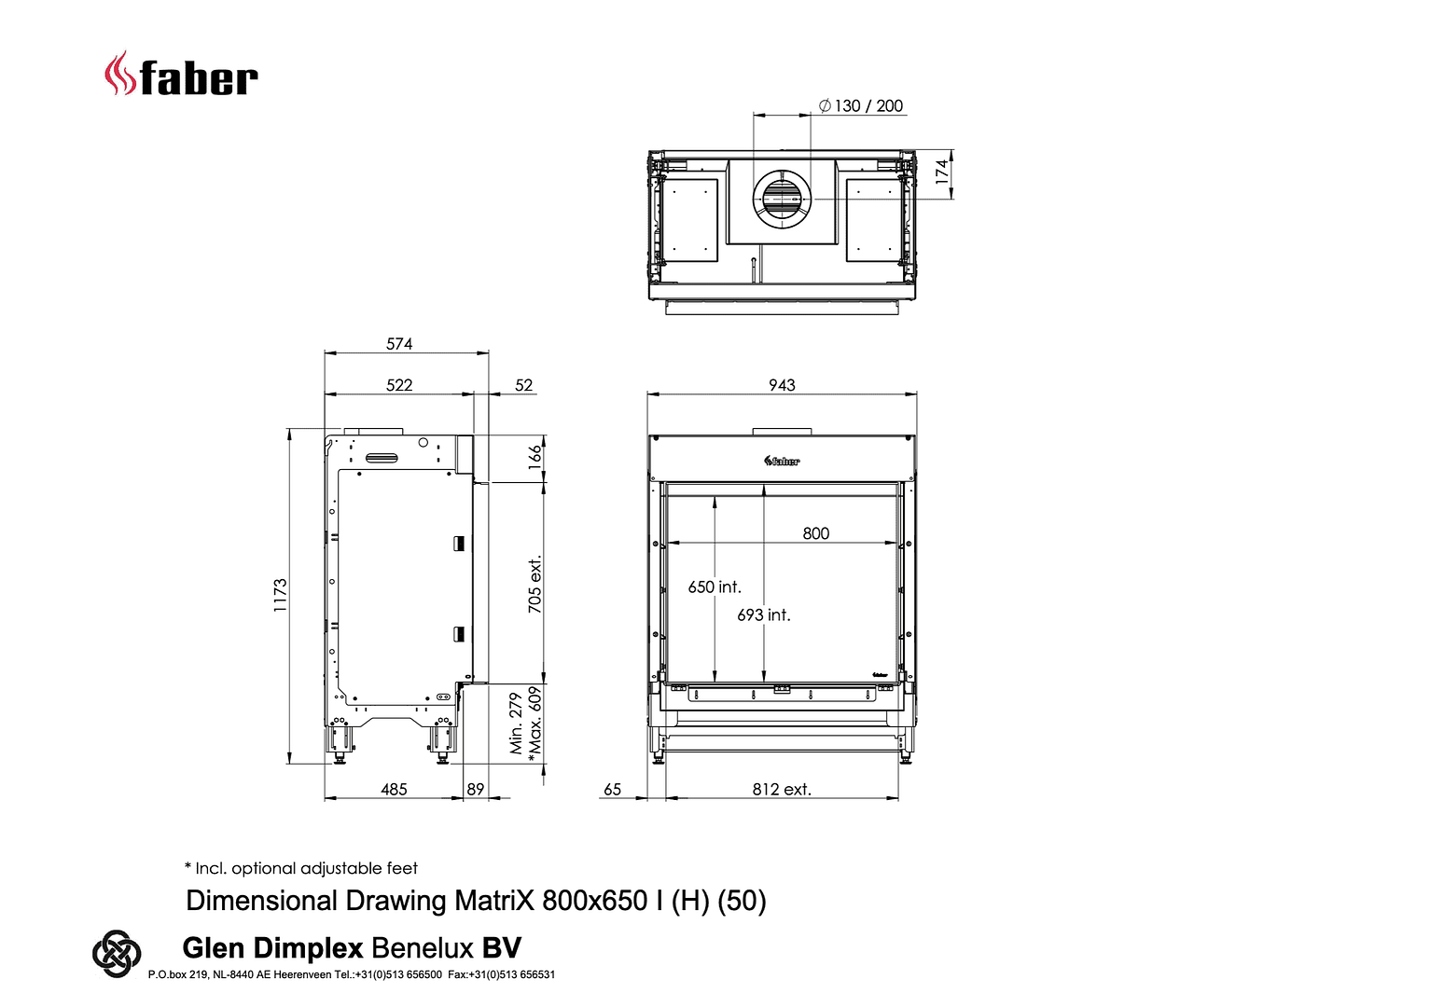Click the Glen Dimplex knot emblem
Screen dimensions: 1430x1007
(117, 954)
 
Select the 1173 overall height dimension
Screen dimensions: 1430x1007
(280, 596)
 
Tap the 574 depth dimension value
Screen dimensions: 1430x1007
(399, 344)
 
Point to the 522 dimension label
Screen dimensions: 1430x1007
(399, 385)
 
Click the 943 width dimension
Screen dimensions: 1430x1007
(782, 385)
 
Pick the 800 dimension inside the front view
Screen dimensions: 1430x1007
(816, 533)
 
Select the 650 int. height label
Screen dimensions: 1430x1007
(715, 587)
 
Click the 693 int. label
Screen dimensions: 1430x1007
(764, 615)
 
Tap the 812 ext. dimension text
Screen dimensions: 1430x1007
(782, 790)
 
